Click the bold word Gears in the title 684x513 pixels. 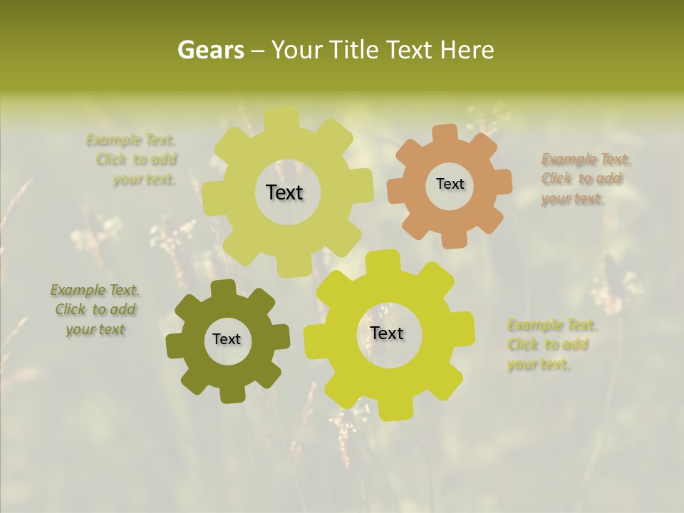(x=210, y=50)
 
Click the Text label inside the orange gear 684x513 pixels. (x=450, y=184)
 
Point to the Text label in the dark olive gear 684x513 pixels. (x=227, y=339)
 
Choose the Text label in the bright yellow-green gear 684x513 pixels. (x=387, y=333)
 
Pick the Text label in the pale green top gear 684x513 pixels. (x=285, y=192)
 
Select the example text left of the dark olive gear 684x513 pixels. (x=95, y=310)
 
